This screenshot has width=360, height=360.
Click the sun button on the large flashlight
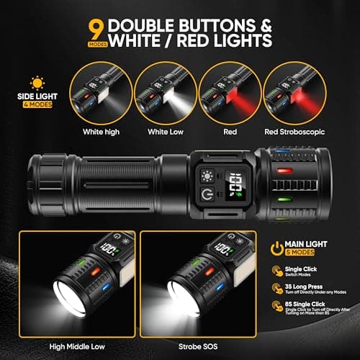(x=209, y=175)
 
